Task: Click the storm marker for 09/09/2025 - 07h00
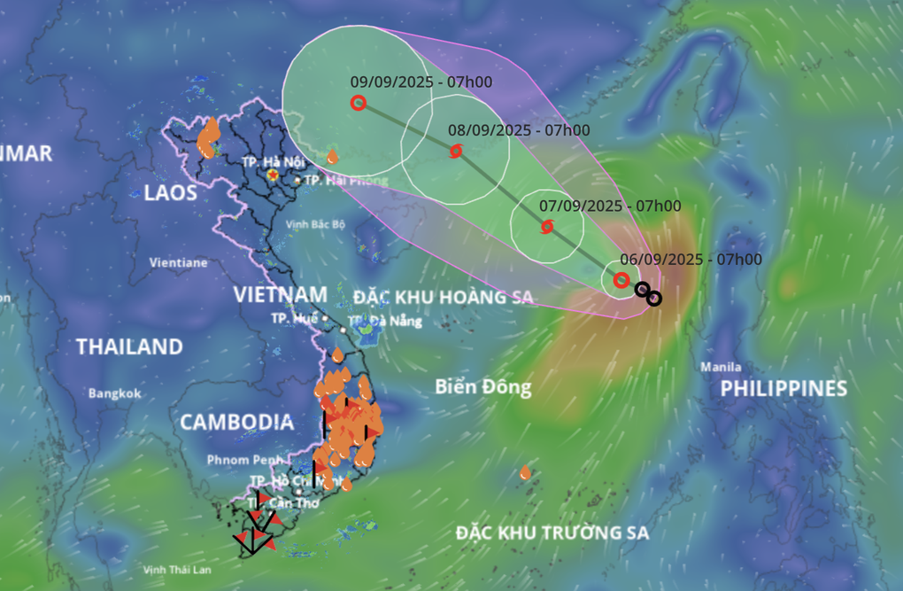pos(358,103)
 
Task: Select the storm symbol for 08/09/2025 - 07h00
pos(456,151)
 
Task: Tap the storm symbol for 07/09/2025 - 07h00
pos(547,227)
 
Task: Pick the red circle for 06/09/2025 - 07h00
pos(621,280)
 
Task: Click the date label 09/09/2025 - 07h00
pos(421,82)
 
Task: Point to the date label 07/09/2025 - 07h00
pos(610,206)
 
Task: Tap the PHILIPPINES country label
pos(783,388)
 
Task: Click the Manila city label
pos(720,367)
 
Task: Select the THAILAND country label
pos(129,346)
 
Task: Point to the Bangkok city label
pos(114,393)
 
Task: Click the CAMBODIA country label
pos(236,423)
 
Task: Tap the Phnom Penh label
pos(246,460)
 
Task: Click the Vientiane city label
pos(178,262)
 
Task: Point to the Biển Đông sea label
pos(483,386)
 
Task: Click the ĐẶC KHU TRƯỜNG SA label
pos(552,533)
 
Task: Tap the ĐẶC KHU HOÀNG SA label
pos(443,297)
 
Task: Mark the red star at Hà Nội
pos(274,175)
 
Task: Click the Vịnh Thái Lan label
pos(177,570)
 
